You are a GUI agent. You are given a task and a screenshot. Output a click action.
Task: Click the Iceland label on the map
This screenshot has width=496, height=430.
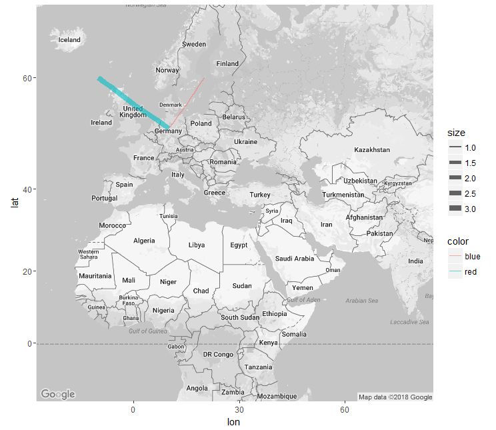coord(69,40)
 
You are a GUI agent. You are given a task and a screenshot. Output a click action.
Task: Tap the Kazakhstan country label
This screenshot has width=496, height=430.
coord(372,150)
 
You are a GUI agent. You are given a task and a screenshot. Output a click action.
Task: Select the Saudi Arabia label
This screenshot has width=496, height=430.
coord(294,259)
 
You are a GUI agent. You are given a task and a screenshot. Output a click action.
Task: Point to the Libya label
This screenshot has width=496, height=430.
coord(197,245)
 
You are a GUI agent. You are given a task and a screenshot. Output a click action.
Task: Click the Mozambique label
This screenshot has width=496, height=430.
coord(277,396)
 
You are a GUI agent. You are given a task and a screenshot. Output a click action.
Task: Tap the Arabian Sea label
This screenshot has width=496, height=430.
coord(361,301)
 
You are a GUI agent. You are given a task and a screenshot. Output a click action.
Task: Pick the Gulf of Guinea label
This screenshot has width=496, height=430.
coord(148,331)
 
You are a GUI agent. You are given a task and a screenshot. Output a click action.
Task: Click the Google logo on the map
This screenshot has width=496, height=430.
coord(58,394)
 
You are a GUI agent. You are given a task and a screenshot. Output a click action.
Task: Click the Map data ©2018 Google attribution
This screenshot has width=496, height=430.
coord(395,397)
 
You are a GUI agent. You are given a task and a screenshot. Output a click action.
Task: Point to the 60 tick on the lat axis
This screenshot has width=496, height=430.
coord(26,78)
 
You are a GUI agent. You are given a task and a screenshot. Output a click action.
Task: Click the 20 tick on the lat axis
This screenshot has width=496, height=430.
coord(26,271)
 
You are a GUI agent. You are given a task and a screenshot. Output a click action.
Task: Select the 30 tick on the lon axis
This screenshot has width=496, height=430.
coord(239,409)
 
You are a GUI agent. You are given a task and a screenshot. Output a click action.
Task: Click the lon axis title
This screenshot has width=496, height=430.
coord(233,421)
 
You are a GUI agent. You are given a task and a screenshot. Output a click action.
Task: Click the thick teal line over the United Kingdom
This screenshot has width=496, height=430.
coord(133,102)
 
